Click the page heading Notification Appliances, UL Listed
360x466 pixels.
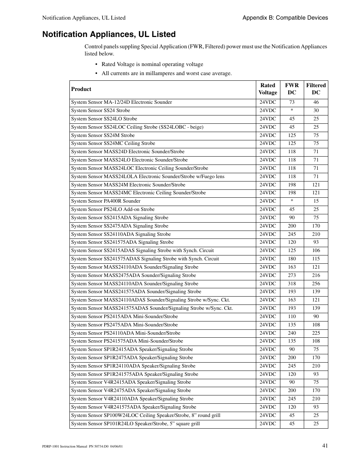click(x=109, y=34)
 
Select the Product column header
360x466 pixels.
click(x=81, y=89)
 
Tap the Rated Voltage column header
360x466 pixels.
click(x=268, y=89)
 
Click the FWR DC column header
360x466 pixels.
click(x=292, y=89)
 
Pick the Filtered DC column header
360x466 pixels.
click(x=316, y=89)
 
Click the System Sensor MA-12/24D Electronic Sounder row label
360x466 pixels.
click(x=121, y=102)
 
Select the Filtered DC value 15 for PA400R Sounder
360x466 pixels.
click(x=316, y=201)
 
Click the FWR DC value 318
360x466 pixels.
click(x=292, y=284)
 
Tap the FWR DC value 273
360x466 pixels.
click(x=292, y=275)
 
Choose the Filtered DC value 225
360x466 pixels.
click(x=316, y=333)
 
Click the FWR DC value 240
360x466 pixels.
click(x=292, y=333)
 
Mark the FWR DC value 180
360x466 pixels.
click(x=292, y=259)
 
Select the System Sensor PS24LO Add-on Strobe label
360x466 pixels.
click(x=112, y=209)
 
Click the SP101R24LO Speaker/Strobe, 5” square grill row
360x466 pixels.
click(x=135, y=424)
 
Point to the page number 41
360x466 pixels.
click(x=325, y=446)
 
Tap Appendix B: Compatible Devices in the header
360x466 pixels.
click(x=285, y=18)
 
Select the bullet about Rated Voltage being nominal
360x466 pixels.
click(x=152, y=65)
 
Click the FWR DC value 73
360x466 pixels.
click(x=292, y=102)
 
